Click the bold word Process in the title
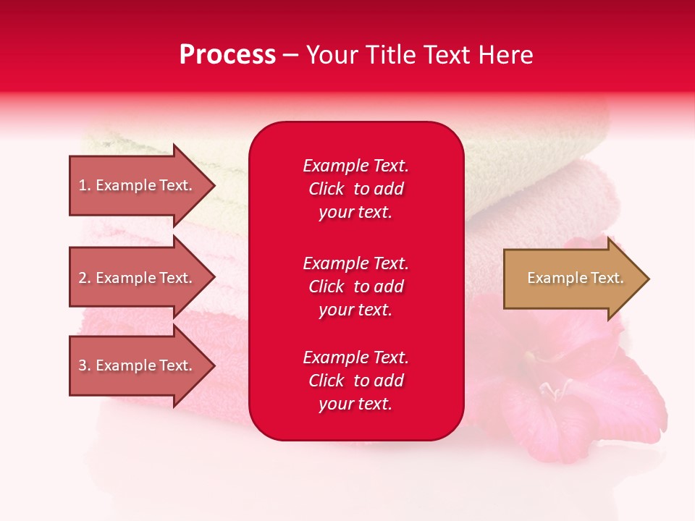[x=227, y=55]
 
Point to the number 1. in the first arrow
[x=85, y=185]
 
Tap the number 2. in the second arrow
[x=85, y=278]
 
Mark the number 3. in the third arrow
[x=85, y=365]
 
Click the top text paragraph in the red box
[x=355, y=189]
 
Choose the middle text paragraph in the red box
[x=355, y=287]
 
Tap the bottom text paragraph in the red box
[x=355, y=381]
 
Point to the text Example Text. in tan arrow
[x=575, y=278]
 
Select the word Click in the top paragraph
[x=326, y=189]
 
